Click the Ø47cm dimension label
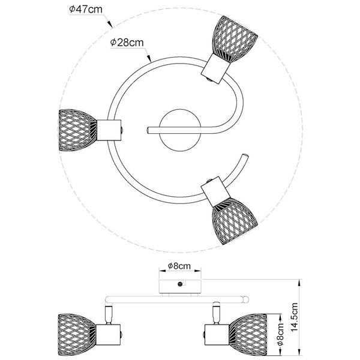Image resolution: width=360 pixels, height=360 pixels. (86, 10)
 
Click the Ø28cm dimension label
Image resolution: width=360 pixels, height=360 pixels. (127, 43)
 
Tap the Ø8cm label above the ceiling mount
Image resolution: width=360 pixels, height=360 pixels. (179, 266)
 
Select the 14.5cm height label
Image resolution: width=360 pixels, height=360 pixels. (295, 317)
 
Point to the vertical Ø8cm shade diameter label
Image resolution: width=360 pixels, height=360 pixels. (280, 334)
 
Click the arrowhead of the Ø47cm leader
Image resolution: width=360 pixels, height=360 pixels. (110, 25)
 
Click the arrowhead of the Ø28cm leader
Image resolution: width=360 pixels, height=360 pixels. (149, 59)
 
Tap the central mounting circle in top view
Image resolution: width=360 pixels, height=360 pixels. (180, 130)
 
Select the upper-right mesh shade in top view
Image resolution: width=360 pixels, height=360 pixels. (235, 39)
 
